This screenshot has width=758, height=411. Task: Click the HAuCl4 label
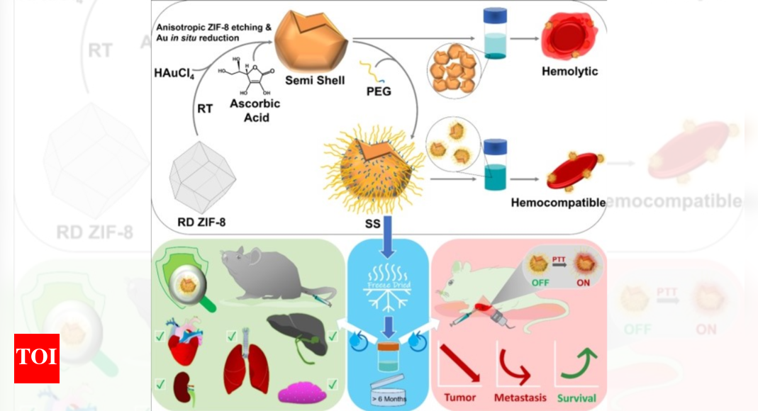pos(173,73)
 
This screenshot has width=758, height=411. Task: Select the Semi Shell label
pos(311,80)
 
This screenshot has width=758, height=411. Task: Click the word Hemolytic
pos(569,71)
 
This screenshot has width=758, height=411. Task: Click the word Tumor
pos(459,398)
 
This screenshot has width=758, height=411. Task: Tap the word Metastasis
pos(521,398)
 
